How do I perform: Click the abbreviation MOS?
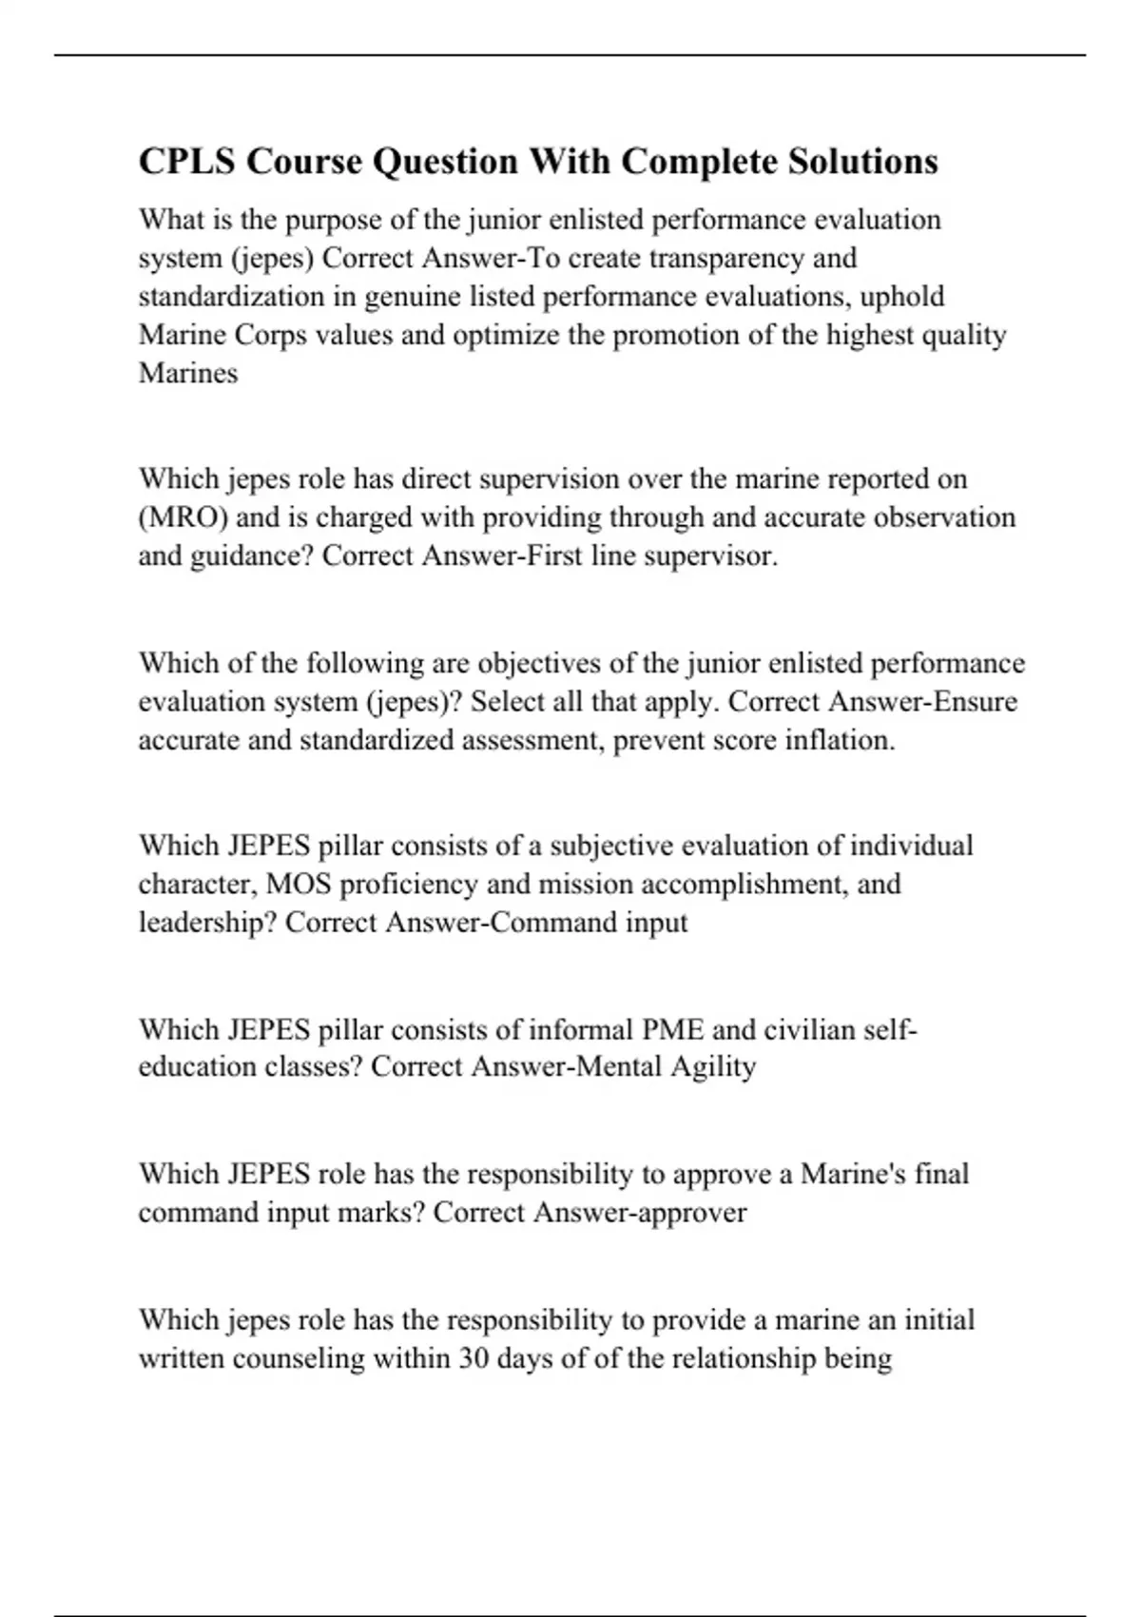(299, 884)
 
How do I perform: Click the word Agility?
(712, 1067)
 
